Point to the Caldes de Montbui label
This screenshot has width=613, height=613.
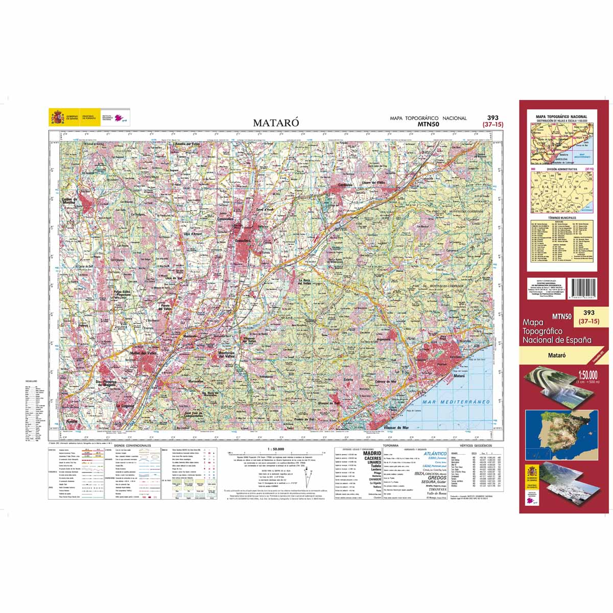(x=68, y=201)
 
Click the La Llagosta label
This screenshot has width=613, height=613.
(x=124, y=405)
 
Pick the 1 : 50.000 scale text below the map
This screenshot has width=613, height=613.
(x=276, y=449)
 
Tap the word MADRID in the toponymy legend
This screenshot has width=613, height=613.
(x=372, y=453)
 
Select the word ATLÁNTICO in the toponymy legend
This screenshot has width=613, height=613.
(x=435, y=453)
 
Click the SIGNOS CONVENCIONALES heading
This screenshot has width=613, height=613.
(x=133, y=446)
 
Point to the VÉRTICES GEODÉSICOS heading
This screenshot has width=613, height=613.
(x=475, y=446)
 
